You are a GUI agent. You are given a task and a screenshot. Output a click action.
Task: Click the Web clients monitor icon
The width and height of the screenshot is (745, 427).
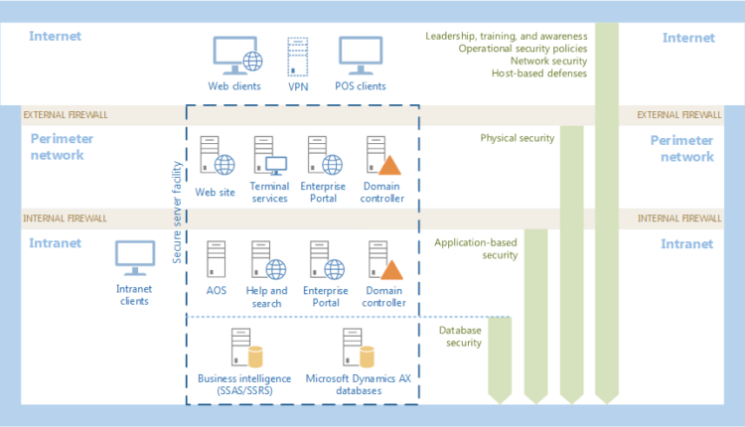235,56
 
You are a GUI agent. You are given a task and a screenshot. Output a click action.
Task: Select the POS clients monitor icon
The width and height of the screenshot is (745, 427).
359,56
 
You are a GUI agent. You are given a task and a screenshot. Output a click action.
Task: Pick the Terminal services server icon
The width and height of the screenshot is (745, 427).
268,156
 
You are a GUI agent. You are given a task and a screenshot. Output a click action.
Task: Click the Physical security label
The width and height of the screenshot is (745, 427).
517,138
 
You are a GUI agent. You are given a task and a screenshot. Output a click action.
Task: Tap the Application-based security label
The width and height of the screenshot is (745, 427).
476,248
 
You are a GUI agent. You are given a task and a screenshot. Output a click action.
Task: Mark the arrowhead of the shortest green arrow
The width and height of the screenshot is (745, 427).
500,396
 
